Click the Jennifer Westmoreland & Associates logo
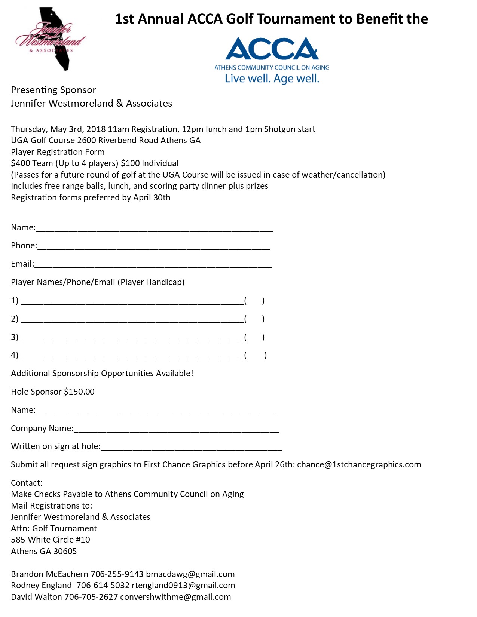coord(51,39)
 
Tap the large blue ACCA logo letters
coord(272,49)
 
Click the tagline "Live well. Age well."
coord(272,79)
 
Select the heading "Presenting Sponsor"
coord(53,90)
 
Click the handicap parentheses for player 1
coord(254,301)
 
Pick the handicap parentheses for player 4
coord(256,355)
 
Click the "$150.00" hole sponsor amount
coord(79,392)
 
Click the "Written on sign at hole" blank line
coord(191,448)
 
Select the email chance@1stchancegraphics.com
coord(359,465)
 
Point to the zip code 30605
coord(65,552)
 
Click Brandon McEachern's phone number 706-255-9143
coord(117,574)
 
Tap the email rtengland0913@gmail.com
coord(183,586)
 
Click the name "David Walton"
coord(36,597)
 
